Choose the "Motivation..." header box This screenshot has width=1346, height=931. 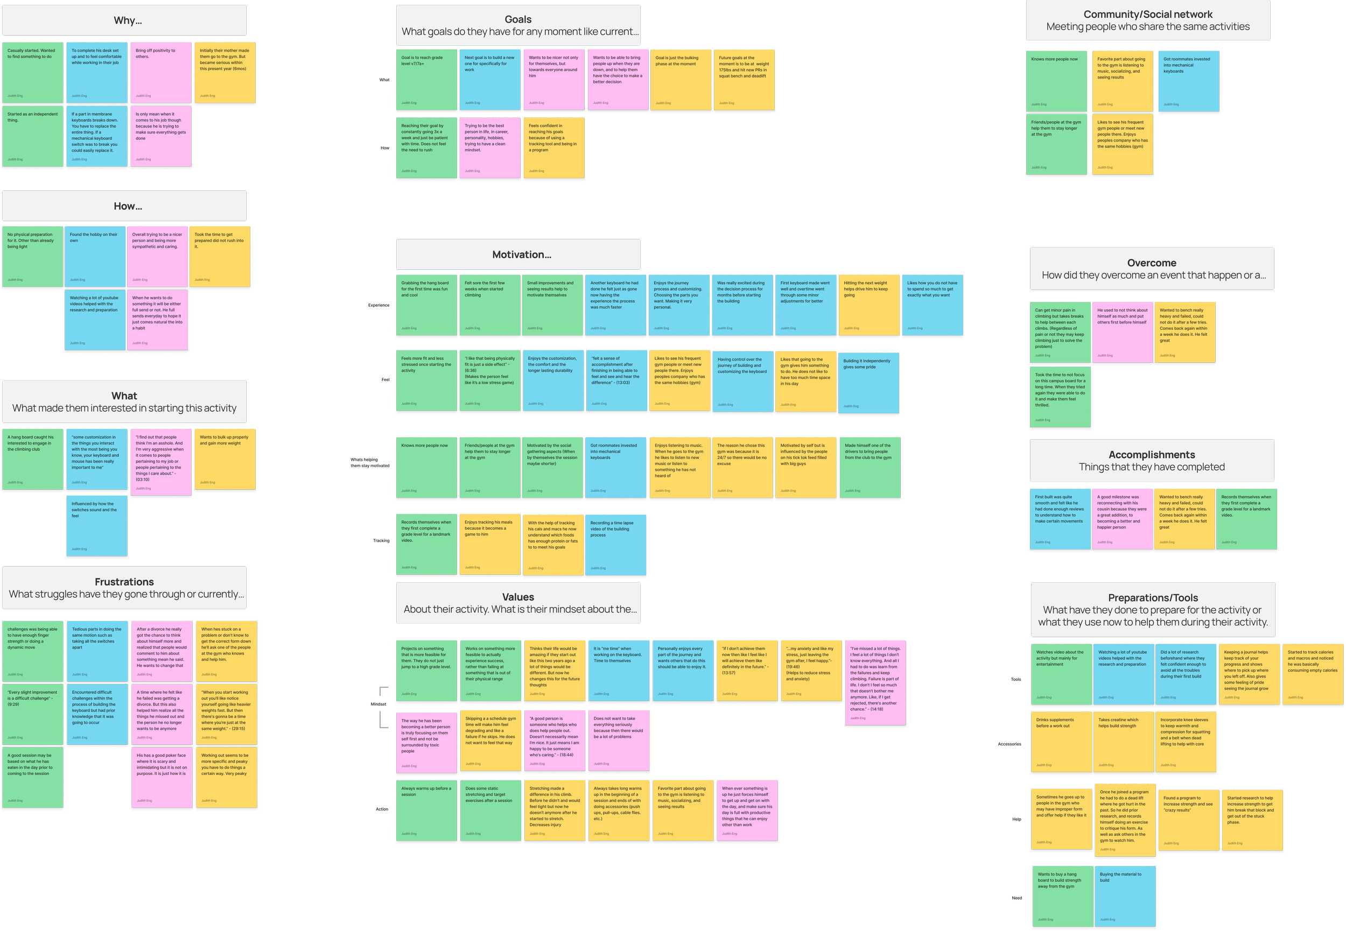click(518, 255)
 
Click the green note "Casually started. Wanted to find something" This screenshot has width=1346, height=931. click(33, 73)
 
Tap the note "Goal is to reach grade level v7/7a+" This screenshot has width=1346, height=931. click(426, 80)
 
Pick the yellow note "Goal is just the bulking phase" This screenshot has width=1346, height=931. click(681, 80)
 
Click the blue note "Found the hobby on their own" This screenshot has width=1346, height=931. click(95, 257)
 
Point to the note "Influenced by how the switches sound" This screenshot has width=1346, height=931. click(97, 525)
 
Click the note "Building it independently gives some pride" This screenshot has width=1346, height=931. click(868, 382)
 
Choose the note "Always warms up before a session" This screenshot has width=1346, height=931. click(426, 811)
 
